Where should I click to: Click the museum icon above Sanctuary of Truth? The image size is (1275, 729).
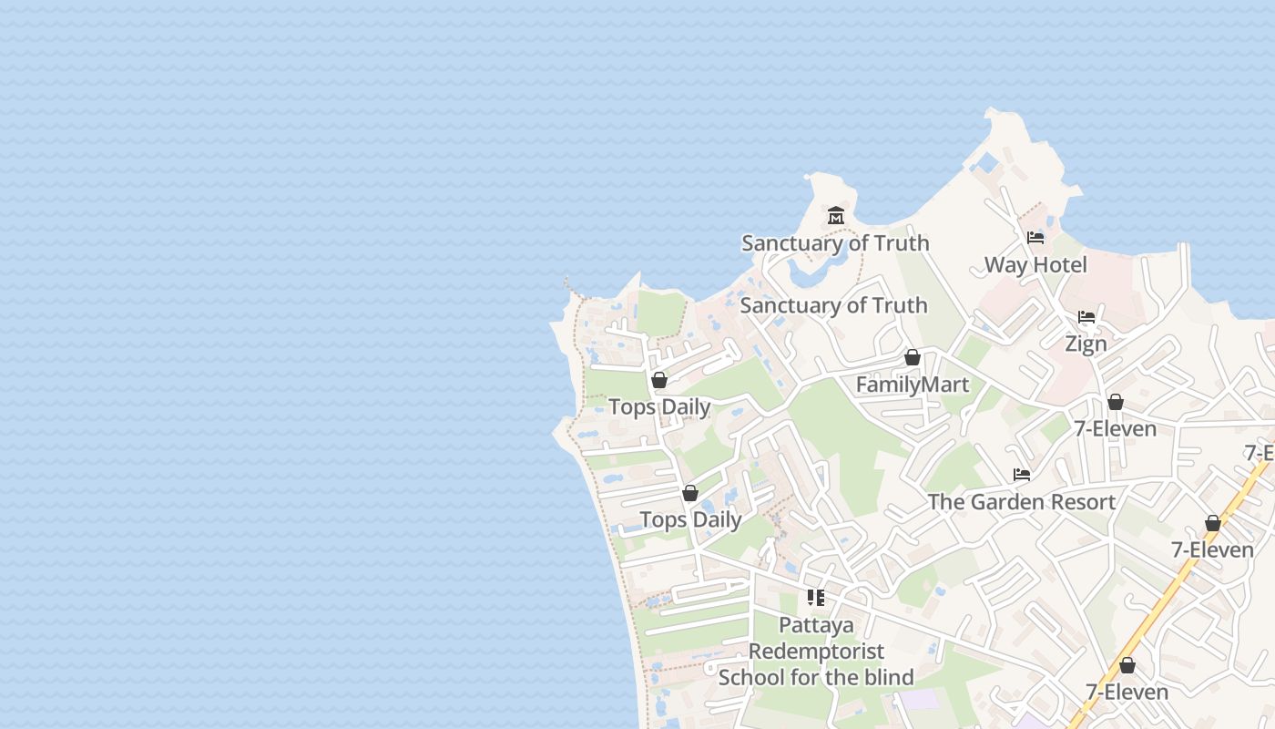(x=836, y=216)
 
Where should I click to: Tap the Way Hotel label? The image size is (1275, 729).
(x=1035, y=265)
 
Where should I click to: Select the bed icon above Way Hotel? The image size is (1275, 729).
(x=1035, y=238)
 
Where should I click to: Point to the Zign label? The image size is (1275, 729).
(x=1086, y=344)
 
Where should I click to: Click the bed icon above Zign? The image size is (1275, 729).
(x=1086, y=317)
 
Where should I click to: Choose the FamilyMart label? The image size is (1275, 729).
(x=913, y=385)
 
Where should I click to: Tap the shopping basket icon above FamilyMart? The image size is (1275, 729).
(x=913, y=357)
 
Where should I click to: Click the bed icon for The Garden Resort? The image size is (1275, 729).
(x=1022, y=475)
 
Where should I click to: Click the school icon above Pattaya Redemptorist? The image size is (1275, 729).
(x=816, y=598)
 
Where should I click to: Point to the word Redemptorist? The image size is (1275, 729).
(x=816, y=652)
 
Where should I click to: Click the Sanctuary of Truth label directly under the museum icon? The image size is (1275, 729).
(x=835, y=243)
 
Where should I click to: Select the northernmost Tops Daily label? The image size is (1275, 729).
(x=659, y=407)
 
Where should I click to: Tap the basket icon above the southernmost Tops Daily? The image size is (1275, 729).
(x=690, y=493)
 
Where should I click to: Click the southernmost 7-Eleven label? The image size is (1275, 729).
(x=1127, y=693)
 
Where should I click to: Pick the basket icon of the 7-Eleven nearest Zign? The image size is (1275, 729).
(x=1116, y=402)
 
